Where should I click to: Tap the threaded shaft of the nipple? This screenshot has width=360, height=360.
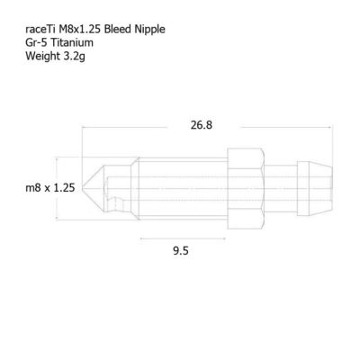point(180,187)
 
